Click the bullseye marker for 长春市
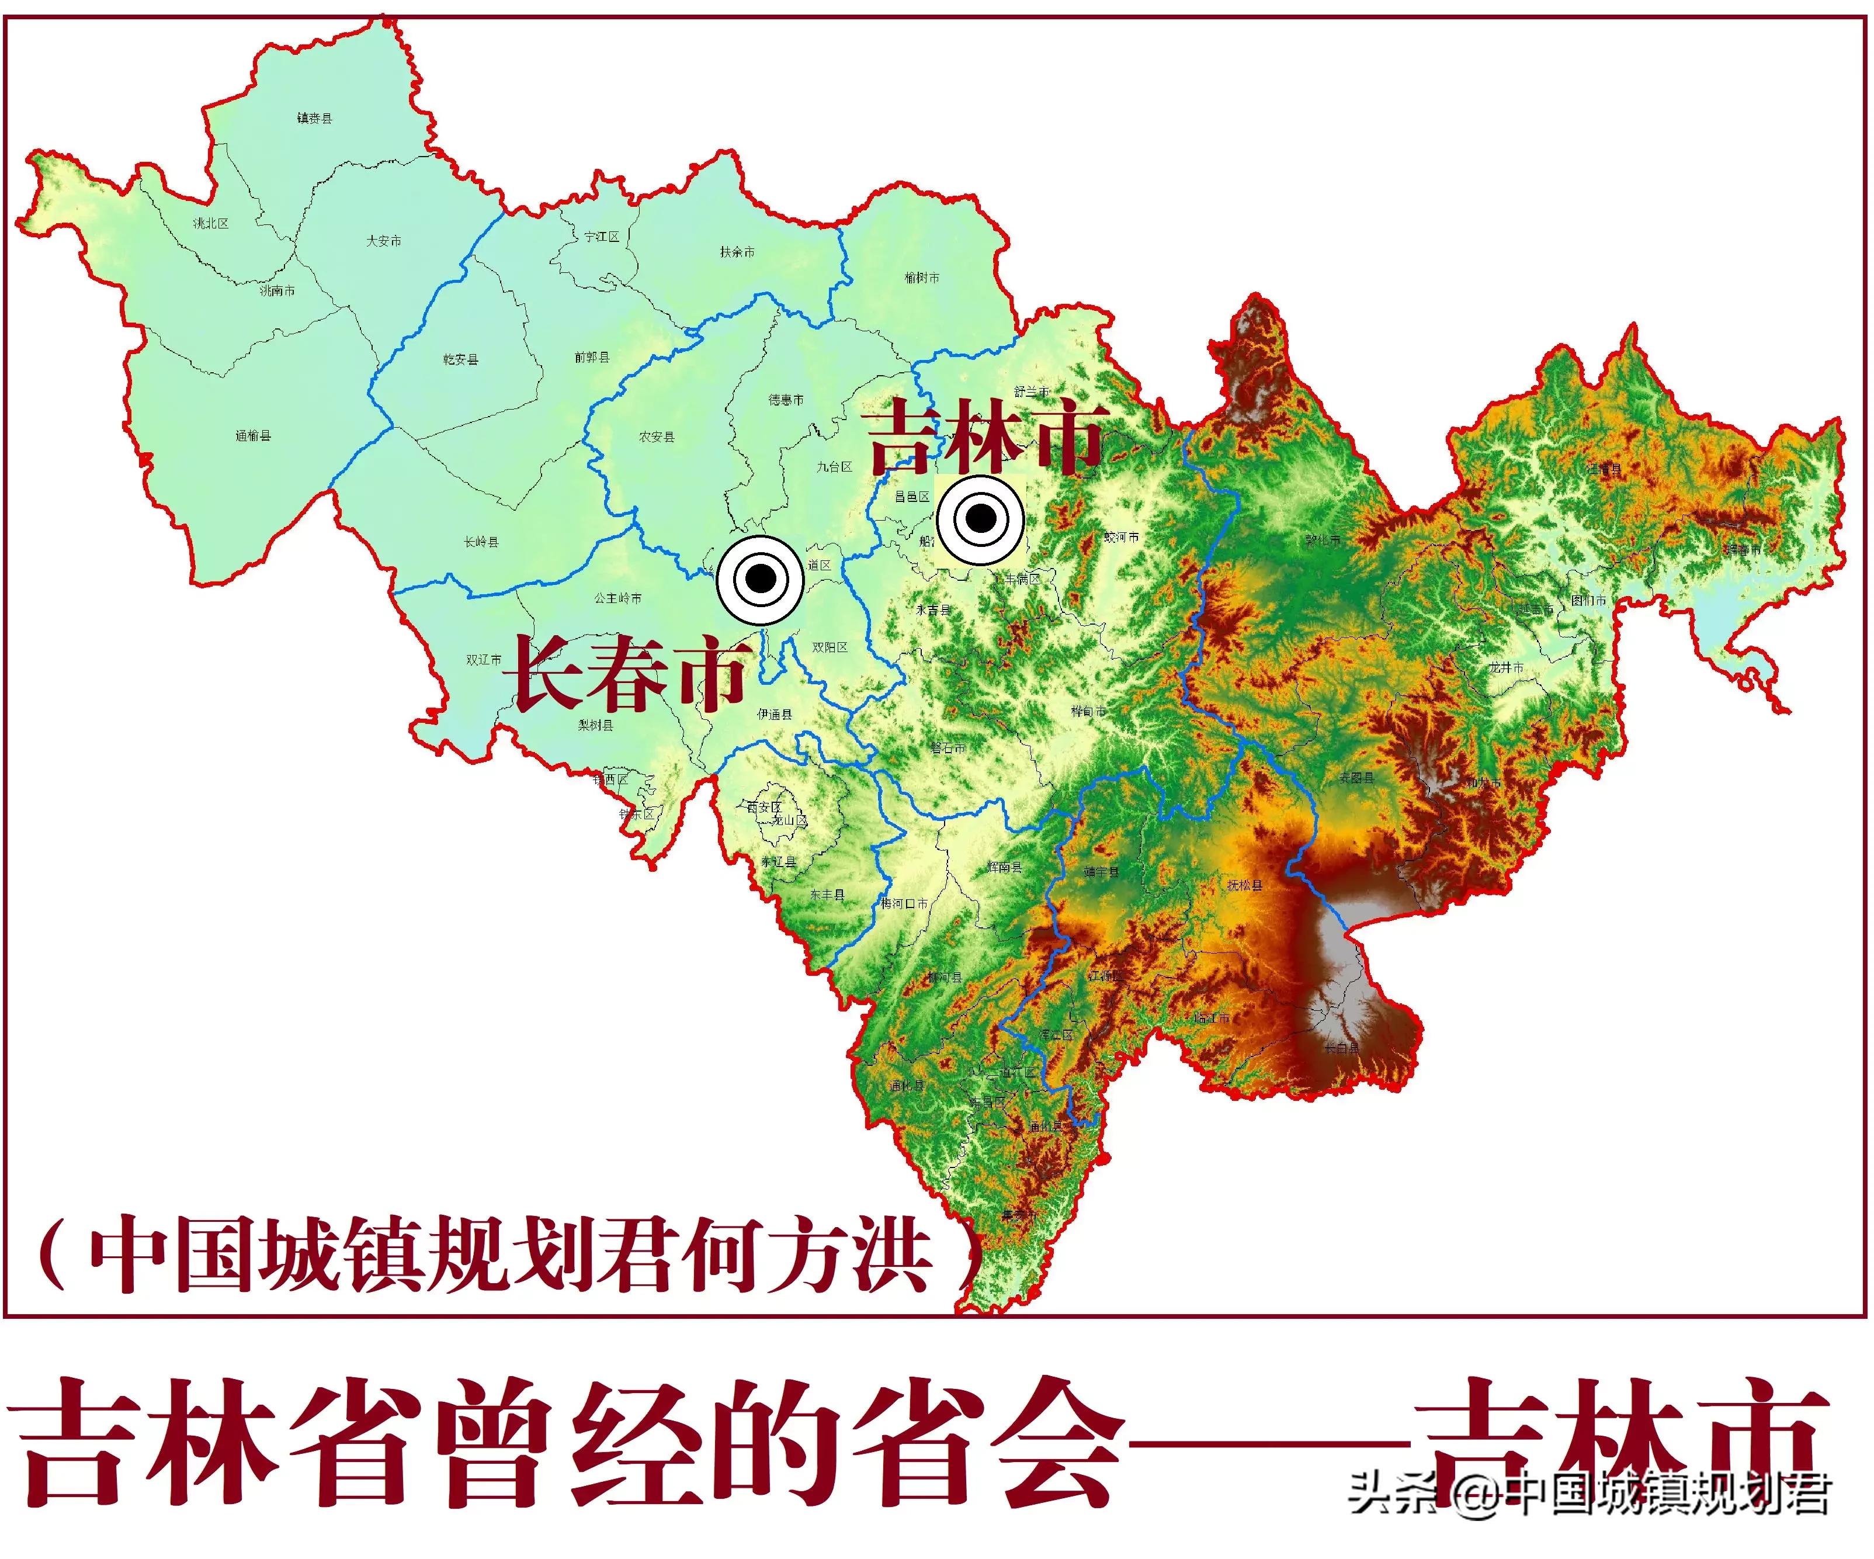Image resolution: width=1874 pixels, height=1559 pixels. (x=761, y=579)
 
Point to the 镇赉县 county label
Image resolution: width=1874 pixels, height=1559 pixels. (x=314, y=118)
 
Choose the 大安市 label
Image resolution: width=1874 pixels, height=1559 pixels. (x=384, y=241)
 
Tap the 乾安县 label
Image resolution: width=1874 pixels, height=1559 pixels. (x=460, y=359)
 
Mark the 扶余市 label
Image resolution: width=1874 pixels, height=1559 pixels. (x=737, y=252)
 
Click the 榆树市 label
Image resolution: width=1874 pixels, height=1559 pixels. (x=922, y=278)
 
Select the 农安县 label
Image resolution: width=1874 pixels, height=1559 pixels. (x=657, y=437)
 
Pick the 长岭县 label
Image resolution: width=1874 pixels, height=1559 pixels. (x=481, y=542)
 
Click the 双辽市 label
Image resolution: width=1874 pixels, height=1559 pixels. (x=484, y=660)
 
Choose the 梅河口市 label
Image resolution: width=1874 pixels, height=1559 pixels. (x=904, y=903)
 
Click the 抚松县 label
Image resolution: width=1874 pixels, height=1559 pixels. (x=1245, y=885)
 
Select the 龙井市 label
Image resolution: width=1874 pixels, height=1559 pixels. (x=1507, y=667)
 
